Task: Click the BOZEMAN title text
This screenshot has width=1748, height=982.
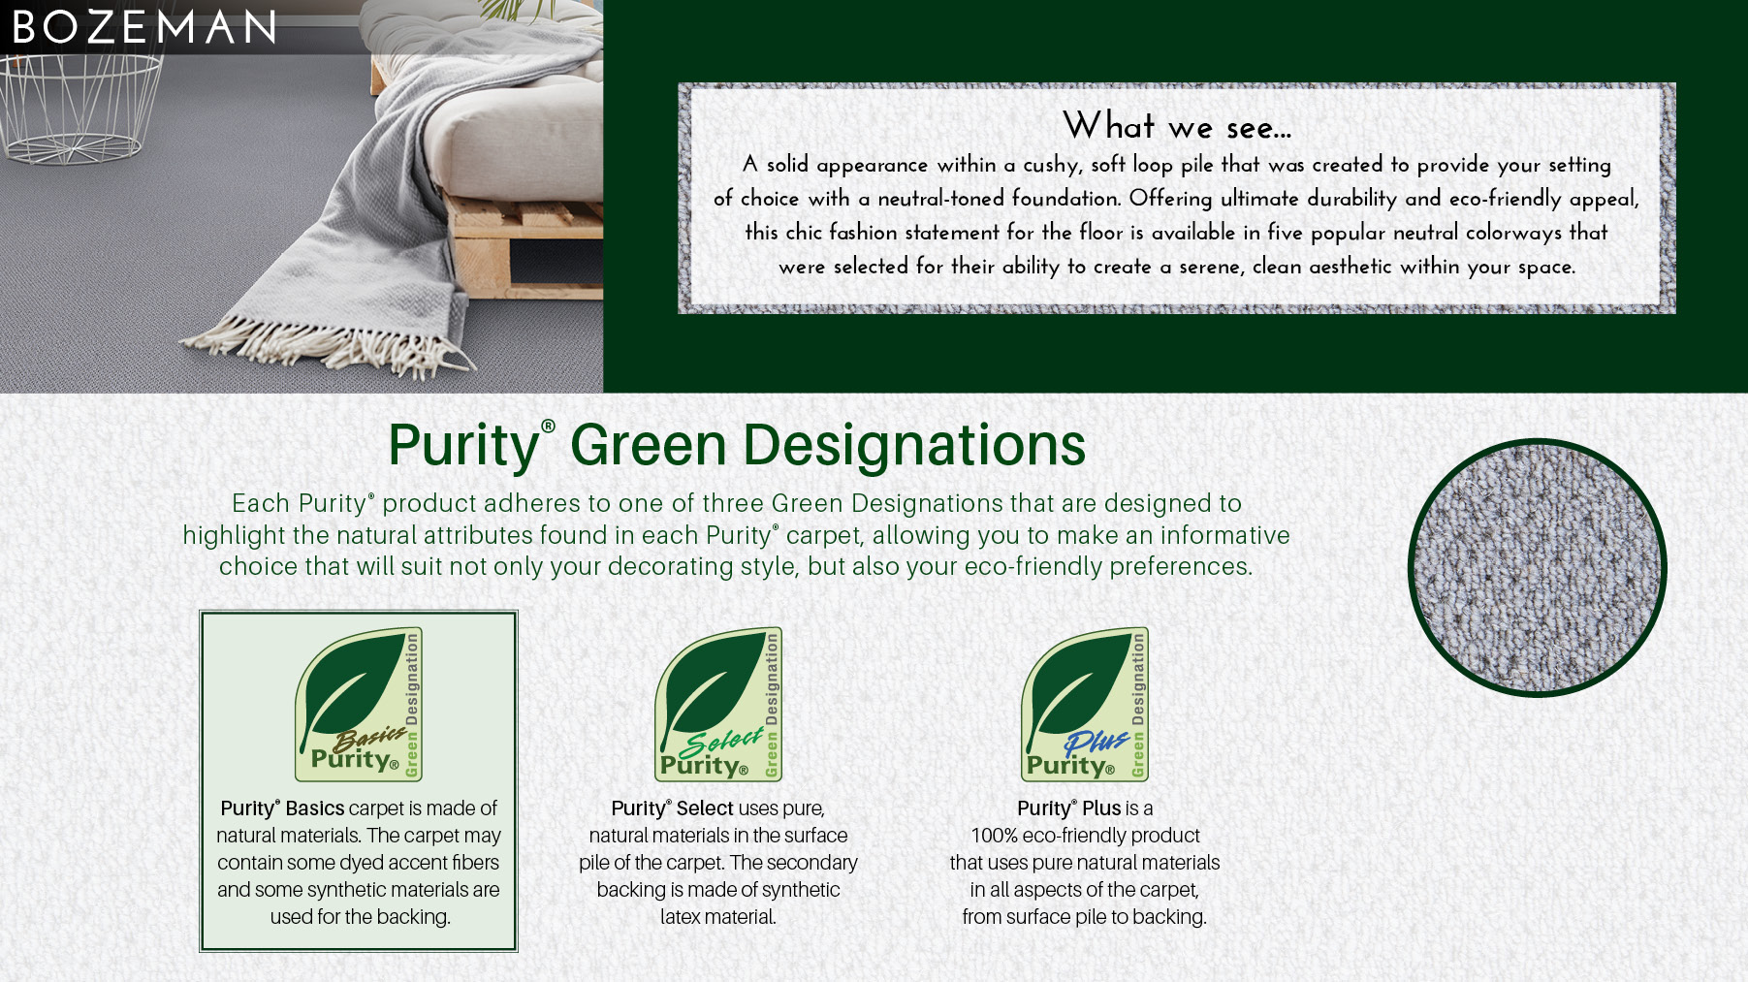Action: click(144, 27)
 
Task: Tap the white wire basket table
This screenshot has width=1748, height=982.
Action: click(78, 107)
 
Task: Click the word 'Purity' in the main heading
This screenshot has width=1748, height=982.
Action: click(464, 446)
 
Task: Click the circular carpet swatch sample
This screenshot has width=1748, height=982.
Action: click(1538, 568)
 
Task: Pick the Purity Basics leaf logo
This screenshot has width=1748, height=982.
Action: click(359, 704)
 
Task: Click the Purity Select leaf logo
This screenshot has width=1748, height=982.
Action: click(718, 704)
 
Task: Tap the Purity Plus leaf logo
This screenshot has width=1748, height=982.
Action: click(1085, 704)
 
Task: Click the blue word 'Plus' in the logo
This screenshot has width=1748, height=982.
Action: click(1096, 743)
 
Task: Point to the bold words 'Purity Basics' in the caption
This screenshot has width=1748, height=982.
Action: click(282, 808)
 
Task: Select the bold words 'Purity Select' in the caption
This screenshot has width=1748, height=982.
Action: click(672, 808)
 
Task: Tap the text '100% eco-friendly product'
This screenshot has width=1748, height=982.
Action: click(1085, 836)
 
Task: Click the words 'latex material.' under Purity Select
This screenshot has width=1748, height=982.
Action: click(718, 917)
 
